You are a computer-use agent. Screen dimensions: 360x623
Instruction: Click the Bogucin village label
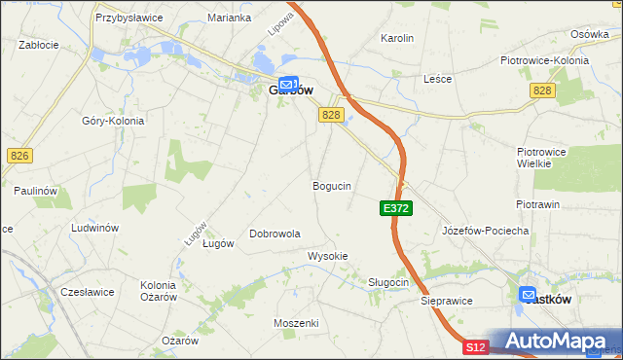(x=331, y=185)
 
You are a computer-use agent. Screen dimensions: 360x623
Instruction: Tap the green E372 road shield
(x=396, y=208)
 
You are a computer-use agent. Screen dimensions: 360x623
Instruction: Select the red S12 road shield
(x=475, y=347)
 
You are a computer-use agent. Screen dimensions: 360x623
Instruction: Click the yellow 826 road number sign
(x=18, y=155)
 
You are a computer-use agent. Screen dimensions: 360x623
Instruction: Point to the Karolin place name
(x=397, y=39)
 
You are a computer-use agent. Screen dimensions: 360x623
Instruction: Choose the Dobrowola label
(x=275, y=234)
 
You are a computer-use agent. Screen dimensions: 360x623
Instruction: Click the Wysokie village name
(x=327, y=256)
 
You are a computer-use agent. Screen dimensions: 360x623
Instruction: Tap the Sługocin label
(x=388, y=282)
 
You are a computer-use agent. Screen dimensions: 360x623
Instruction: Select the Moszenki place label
(x=297, y=322)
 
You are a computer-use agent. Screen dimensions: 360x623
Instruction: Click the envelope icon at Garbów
(x=287, y=86)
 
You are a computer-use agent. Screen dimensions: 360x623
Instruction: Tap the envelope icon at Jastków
(x=528, y=295)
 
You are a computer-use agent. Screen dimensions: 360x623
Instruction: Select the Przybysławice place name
(x=128, y=18)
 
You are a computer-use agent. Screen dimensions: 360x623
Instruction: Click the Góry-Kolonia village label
(x=113, y=121)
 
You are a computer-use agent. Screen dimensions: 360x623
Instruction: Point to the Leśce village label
(x=437, y=79)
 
